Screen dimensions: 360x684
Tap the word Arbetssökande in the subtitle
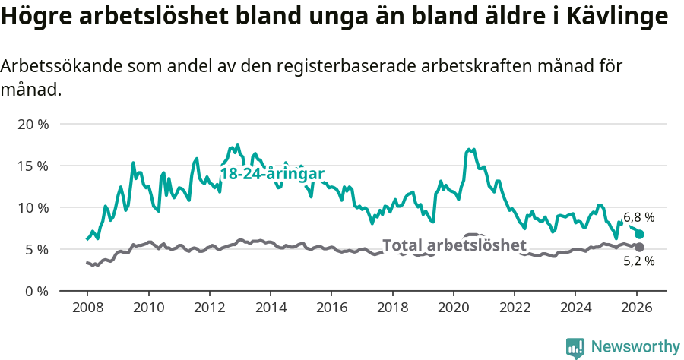click(x=55, y=67)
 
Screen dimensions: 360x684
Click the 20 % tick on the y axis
click(x=33, y=124)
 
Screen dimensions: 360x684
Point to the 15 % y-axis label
click(x=33, y=166)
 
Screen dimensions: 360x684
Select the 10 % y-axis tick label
click(x=33, y=207)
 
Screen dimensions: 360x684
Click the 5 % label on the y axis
click(x=36, y=249)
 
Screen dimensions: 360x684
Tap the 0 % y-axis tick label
click(x=36, y=291)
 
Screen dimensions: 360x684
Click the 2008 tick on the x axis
click(x=87, y=308)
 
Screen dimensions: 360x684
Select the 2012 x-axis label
click(x=209, y=308)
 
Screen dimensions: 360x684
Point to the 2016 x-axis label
click(x=331, y=308)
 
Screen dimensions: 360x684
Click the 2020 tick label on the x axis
click(x=453, y=308)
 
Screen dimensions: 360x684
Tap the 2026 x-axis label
click(x=636, y=308)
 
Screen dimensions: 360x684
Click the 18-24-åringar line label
click(x=272, y=174)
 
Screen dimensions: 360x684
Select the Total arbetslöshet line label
click(x=454, y=245)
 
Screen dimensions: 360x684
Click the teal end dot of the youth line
click(x=639, y=234)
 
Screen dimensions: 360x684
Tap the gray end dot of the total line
click(x=639, y=248)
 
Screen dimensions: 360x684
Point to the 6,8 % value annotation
click(x=639, y=217)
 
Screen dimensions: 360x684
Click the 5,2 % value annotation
click(x=639, y=262)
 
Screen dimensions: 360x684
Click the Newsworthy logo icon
click(x=575, y=347)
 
